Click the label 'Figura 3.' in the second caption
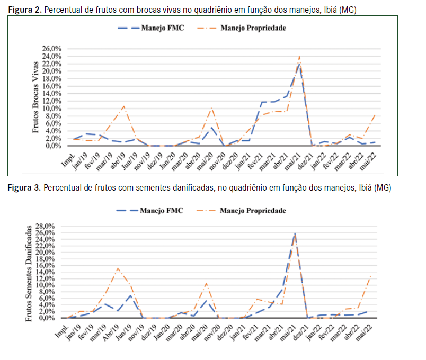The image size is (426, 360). coord(23,187)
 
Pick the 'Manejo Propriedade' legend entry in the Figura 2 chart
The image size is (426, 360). coord(258,28)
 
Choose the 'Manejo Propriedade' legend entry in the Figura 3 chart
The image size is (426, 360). coord(258,210)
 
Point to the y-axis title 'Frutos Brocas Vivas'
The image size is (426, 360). coord(36,97)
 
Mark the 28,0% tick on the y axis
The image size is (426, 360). coord(50,226)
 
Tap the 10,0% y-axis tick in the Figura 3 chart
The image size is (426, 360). coord(50,285)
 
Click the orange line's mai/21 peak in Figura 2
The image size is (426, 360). coord(299,56)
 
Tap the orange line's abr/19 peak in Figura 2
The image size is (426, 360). coord(123,106)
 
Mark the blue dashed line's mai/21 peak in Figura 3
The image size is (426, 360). coord(295,233)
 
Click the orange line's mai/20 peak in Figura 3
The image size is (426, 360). coord(207,283)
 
